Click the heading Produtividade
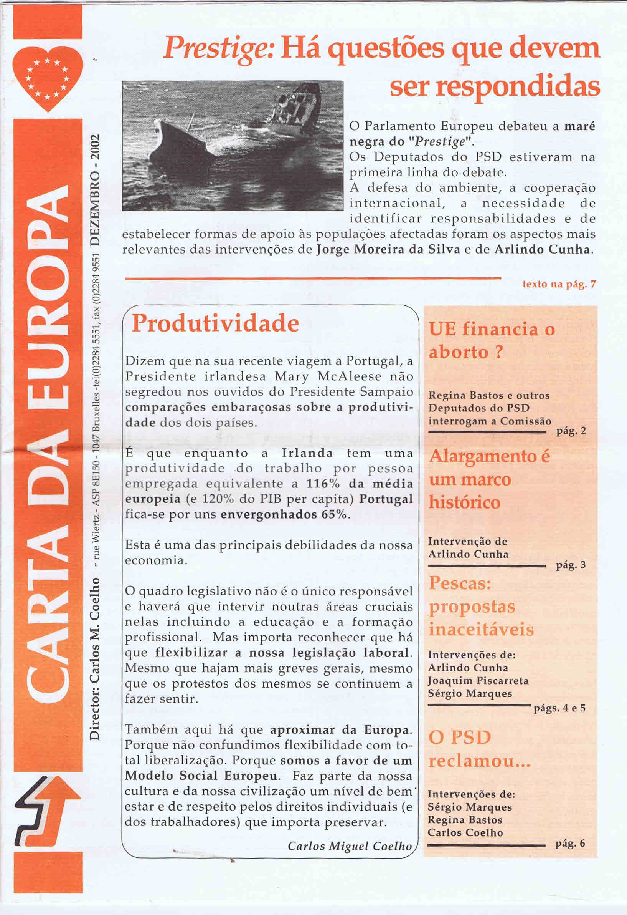(x=215, y=324)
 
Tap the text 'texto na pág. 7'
(x=559, y=284)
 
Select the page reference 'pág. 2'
(x=571, y=431)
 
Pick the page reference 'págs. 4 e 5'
(x=559, y=708)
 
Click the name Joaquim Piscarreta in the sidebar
(x=478, y=681)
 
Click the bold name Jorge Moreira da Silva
(x=388, y=250)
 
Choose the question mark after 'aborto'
(x=499, y=352)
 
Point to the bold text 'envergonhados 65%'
(x=284, y=515)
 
